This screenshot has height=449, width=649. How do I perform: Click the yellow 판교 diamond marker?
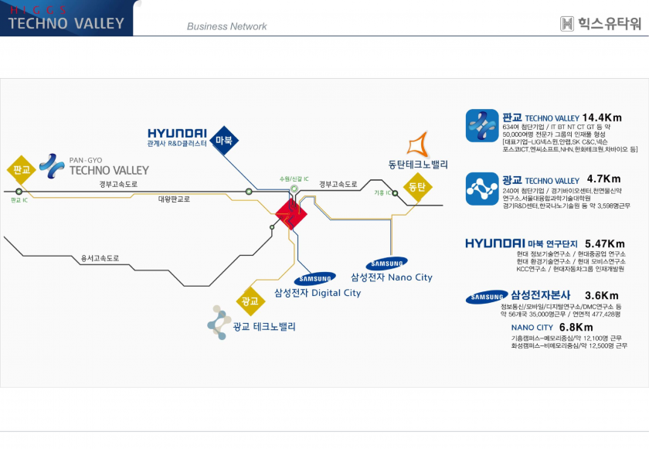tap(21, 169)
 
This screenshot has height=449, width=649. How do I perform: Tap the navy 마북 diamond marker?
tap(224, 140)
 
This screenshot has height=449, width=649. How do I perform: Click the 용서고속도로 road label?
tap(100, 258)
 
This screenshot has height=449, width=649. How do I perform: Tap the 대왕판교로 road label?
tap(174, 199)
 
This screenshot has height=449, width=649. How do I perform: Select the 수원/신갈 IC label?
tap(294, 179)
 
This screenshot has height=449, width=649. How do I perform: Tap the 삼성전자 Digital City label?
tap(318, 293)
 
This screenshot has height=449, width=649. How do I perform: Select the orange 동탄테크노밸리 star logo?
tap(418, 144)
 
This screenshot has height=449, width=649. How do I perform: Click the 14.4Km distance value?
tap(602, 117)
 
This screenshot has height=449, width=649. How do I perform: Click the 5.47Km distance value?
tap(605, 243)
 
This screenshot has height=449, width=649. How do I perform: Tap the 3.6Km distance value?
tap(602, 295)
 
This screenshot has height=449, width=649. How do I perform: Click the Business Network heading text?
tap(226, 26)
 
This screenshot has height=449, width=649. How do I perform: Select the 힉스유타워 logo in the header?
tap(600, 24)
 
